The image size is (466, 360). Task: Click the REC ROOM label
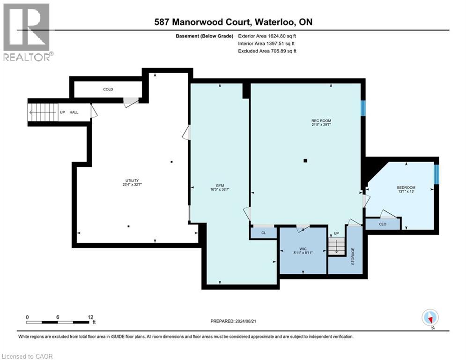pos(321,121)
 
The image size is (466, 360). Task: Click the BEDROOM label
pos(406,187)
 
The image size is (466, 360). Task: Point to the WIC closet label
pos(303,248)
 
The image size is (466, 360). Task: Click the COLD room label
pos(108,89)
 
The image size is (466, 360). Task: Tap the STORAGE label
pos(354,257)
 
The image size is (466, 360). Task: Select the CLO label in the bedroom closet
pos(382,225)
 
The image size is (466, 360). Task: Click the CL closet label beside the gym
pos(263,232)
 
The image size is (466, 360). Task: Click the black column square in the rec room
pos(305,161)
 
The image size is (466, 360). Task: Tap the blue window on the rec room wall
pos(363,107)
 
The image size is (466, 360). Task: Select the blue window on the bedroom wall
pos(436,174)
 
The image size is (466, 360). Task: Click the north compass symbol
pos(429,318)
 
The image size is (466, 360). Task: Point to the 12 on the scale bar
pos(90,317)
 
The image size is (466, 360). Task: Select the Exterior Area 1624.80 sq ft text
pos(267,36)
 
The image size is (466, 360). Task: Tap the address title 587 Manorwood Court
pos(234,22)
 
